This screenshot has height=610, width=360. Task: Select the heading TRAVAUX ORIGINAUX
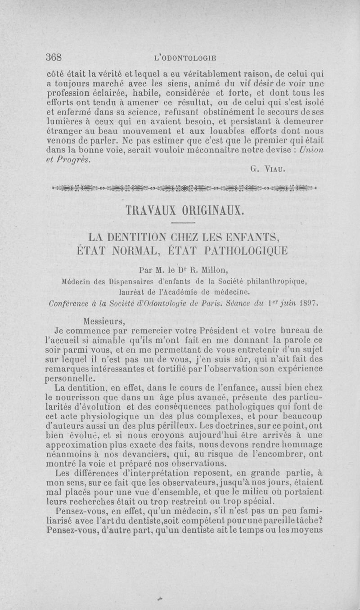182,211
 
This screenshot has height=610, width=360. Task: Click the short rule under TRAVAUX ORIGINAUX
182,223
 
